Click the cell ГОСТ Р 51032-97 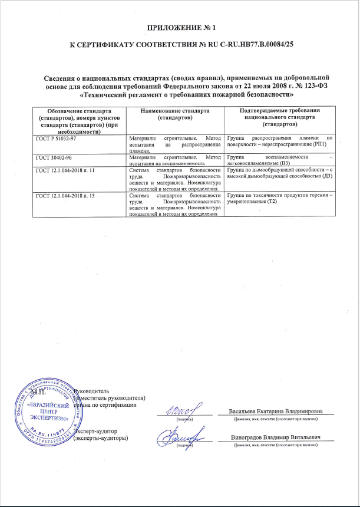tap(55, 137)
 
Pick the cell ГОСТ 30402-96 tap(52, 156)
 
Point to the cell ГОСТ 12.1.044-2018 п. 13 tap(65, 194)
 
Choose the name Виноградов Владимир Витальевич tap(278, 437)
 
